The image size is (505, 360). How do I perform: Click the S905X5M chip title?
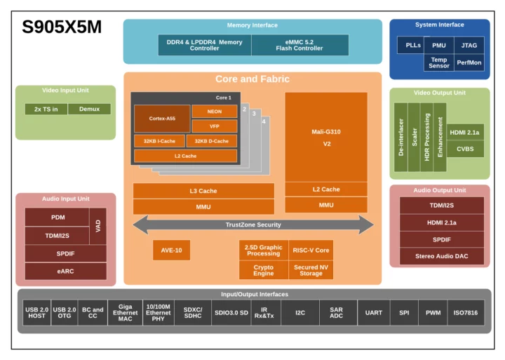click(62, 27)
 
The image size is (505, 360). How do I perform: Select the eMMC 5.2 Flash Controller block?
click(300, 45)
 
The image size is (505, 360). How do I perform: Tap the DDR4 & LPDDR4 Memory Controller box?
click(204, 45)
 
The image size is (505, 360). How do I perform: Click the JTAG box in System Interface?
click(469, 45)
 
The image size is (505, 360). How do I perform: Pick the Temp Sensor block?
click(438, 63)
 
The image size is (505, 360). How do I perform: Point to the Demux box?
click(89, 109)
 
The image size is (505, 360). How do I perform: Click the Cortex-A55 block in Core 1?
click(161, 119)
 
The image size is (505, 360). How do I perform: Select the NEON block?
click(214, 112)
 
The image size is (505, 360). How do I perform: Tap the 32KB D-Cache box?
click(211, 141)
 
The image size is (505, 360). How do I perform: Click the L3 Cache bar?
click(203, 191)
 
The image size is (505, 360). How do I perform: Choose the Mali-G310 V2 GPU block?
click(325, 137)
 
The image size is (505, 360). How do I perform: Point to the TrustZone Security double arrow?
click(253, 225)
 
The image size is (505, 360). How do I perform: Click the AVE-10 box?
click(171, 250)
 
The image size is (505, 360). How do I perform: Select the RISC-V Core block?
click(311, 250)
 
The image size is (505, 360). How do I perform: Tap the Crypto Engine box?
click(263, 270)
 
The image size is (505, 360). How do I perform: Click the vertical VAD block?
click(99, 226)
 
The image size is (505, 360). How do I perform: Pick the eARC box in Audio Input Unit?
click(66, 271)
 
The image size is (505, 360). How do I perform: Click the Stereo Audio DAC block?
click(441, 256)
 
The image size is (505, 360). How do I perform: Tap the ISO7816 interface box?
click(465, 312)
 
